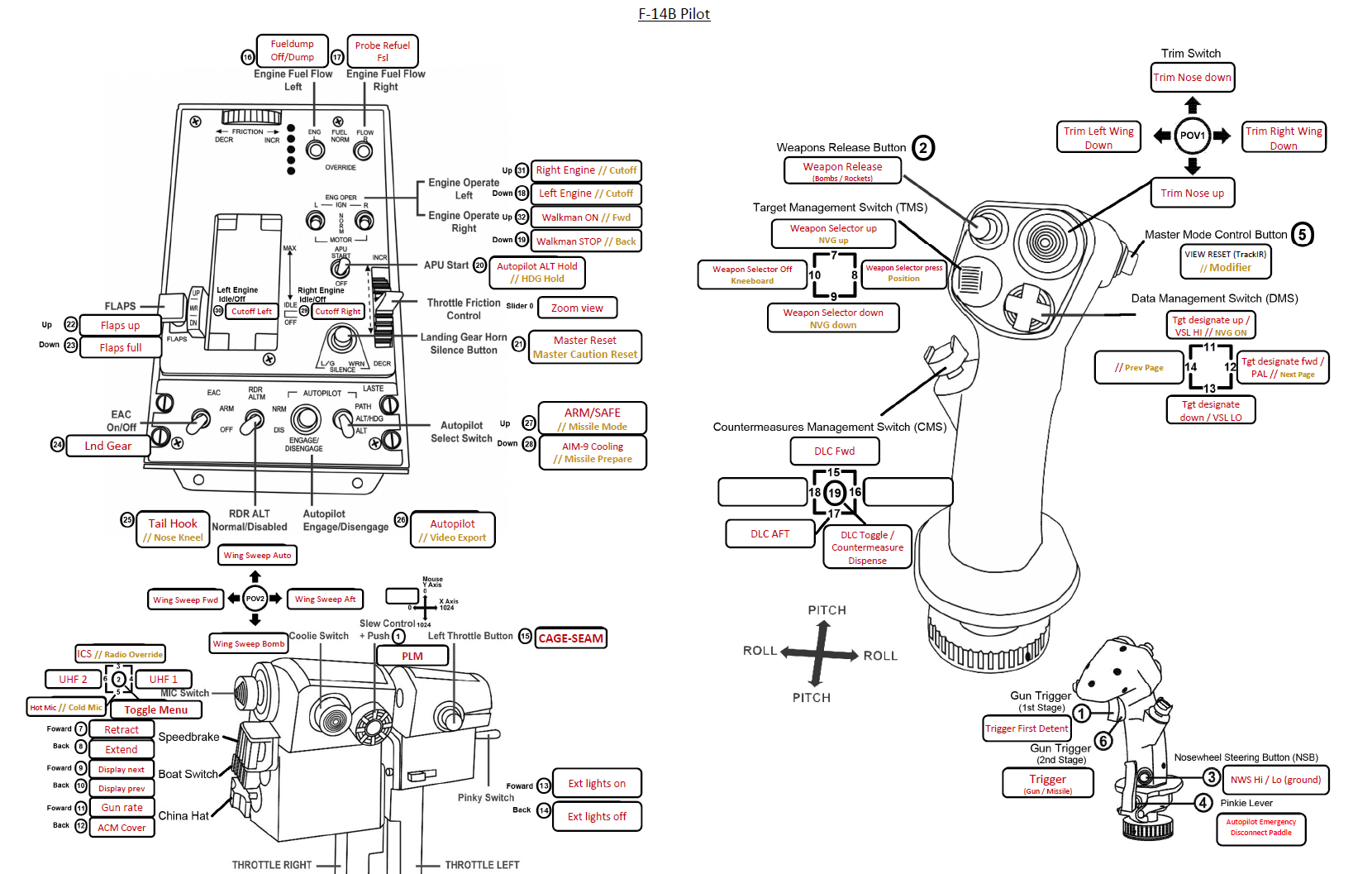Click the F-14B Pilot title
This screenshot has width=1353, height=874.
[x=674, y=14]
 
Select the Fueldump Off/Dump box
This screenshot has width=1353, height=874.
[x=292, y=50]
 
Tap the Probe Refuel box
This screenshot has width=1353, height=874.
[x=383, y=51]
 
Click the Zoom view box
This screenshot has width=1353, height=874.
[x=577, y=308]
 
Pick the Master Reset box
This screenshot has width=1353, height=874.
[x=585, y=347]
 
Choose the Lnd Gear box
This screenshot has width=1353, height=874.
[x=107, y=446]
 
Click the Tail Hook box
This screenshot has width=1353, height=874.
[x=173, y=530]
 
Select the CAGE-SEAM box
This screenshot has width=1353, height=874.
[x=570, y=638]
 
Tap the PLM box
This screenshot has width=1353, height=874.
[x=412, y=656]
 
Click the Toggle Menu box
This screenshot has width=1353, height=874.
[x=155, y=709]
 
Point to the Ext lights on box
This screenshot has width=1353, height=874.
[x=597, y=783]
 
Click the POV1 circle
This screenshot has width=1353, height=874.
[x=1192, y=136]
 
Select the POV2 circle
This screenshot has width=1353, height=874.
[x=255, y=599]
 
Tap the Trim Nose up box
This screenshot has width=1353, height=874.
[x=1192, y=193]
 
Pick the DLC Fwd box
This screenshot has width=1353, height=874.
[x=835, y=451]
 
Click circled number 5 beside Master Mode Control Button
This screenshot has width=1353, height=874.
[x=1302, y=235]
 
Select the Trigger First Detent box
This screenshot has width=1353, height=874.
[x=1027, y=728]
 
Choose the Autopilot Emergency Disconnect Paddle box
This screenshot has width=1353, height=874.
[x=1260, y=828]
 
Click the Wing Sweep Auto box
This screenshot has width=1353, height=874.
[x=257, y=556]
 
